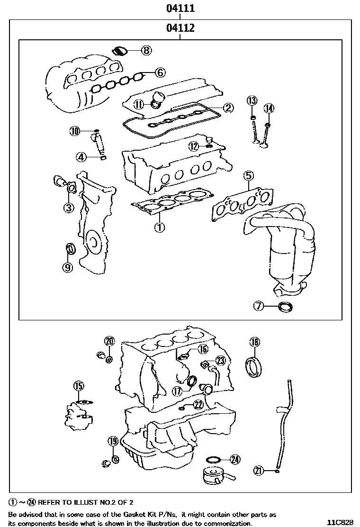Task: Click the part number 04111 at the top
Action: click(180, 9)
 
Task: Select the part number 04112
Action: click(180, 28)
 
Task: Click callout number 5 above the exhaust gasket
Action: click(248, 176)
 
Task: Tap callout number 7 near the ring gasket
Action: click(258, 306)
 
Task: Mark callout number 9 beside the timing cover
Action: click(68, 268)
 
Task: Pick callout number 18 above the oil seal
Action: click(254, 342)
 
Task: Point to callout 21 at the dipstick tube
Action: click(259, 471)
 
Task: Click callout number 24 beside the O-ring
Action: click(235, 459)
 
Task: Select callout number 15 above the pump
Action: click(78, 385)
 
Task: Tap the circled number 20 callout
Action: click(109, 341)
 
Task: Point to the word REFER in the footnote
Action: click(49, 501)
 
